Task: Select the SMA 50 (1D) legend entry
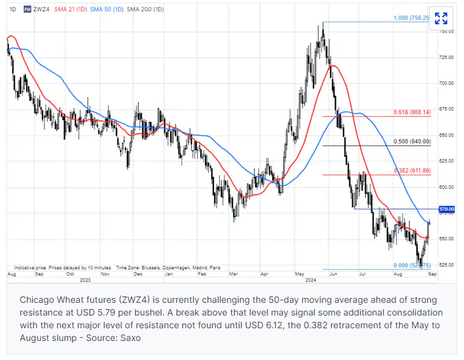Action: (x=106, y=10)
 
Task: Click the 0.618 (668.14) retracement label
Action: (x=413, y=112)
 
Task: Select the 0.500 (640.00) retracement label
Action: (x=413, y=142)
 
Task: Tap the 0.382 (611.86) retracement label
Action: (x=413, y=171)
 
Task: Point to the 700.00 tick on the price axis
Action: (x=447, y=83)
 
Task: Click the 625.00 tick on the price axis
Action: (x=447, y=161)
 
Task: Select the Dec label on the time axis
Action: (x=136, y=274)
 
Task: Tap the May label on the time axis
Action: (x=299, y=274)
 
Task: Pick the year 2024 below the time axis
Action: (x=312, y=280)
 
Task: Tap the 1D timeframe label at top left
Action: (x=13, y=10)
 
